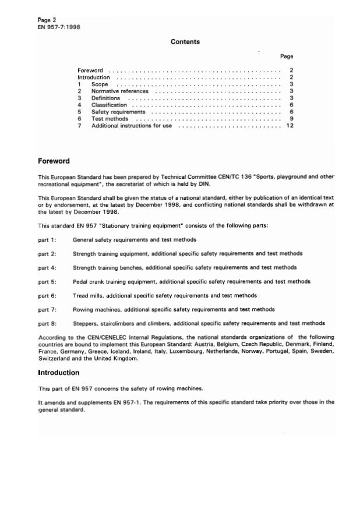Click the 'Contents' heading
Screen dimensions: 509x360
pos(185,42)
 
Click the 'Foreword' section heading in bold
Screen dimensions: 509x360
pos(54,161)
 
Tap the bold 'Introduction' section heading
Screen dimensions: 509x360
pos(59,373)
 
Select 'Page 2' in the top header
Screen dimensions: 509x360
pos(47,20)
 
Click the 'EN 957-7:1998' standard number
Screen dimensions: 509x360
pos(59,27)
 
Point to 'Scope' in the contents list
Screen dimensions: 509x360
pos(100,84)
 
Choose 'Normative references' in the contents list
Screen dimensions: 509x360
pos(119,91)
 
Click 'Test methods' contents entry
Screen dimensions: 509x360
pos(110,119)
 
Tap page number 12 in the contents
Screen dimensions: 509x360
pos(290,126)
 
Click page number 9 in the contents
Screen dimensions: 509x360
pos(291,119)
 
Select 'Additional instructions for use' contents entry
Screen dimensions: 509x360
pos(131,126)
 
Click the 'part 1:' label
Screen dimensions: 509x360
pos(47,239)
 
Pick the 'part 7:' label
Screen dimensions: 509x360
pos(47,309)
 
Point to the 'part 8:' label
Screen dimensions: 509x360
pos(47,323)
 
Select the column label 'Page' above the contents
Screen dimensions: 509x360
pos(286,56)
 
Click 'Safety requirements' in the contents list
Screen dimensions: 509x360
pos(118,112)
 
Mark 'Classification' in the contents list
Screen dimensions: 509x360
pos(109,105)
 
